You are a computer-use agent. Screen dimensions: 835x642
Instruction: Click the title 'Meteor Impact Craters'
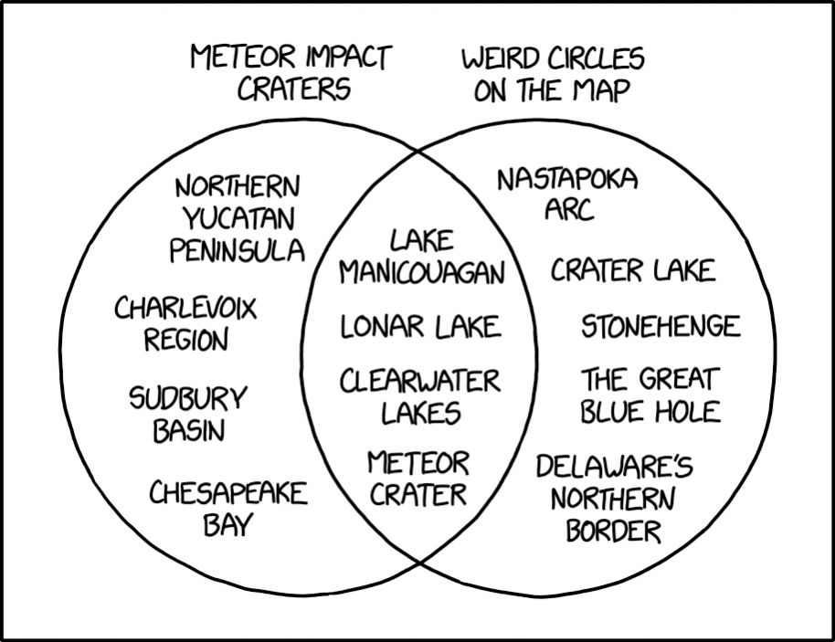click(x=291, y=73)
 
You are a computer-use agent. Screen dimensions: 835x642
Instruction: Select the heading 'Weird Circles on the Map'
click(x=553, y=75)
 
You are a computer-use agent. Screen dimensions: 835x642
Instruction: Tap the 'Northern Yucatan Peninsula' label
click(x=237, y=219)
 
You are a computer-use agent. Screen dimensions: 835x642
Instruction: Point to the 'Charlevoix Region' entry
click(x=185, y=323)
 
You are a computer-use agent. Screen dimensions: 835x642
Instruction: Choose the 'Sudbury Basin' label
click(x=188, y=414)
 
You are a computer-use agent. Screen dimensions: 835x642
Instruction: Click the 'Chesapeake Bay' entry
click(x=227, y=508)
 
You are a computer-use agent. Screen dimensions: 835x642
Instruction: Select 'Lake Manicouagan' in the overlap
click(x=421, y=258)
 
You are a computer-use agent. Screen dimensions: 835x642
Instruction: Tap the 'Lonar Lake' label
click(x=420, y=327)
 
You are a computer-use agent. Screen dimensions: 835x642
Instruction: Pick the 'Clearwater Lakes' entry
click(x=420, y=396)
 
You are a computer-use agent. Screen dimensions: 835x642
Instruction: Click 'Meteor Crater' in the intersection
click(x=418, y=478)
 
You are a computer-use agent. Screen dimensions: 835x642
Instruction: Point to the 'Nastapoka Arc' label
click(x=567, y=195)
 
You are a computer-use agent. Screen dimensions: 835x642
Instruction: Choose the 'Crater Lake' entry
click(x=632, y=270)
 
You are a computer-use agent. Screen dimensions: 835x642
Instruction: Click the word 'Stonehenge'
click(x=661, y=326)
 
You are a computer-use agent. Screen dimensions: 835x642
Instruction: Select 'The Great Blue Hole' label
click(x=650, y=395)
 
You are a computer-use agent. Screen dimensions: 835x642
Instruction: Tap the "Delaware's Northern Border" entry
click(x=614, y=498)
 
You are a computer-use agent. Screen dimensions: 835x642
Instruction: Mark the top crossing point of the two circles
click(x=418, y=152)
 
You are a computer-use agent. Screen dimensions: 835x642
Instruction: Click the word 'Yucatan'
click(x=238, y=218)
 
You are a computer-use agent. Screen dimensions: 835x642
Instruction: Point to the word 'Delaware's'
click(x=614, y=467)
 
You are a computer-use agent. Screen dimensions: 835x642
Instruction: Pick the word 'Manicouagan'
click(x=422, y=272)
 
